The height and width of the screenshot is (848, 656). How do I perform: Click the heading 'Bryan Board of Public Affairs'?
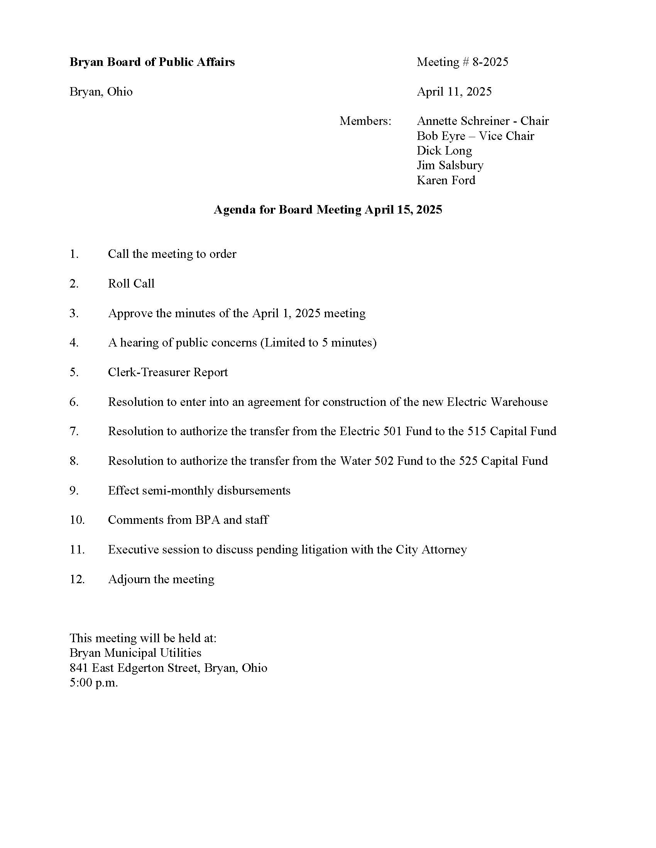coord(152,62)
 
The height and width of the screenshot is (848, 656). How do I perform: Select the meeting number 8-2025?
coord(490,62)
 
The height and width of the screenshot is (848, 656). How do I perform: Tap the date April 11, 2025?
coord(454,92)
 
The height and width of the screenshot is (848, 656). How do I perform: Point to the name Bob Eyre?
coord(441,136)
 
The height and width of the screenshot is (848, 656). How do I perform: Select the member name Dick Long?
coord(444,151)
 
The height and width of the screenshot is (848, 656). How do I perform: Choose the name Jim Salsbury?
coord(450,165)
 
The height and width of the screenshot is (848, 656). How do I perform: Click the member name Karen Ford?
coord(446,180)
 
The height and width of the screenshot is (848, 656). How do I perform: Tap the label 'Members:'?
coord(365,121)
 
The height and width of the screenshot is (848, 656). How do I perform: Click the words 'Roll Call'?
coord(131,284)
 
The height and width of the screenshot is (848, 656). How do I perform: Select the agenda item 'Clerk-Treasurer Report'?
coord(167,372)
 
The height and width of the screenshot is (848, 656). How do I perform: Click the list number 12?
coord(77,579)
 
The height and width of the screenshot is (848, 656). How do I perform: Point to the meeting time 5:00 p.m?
coord(94,683)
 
